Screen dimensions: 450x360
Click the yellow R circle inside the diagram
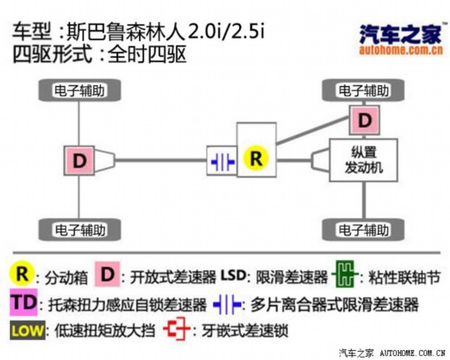pos(256,158)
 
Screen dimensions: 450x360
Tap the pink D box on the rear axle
pos(79,160)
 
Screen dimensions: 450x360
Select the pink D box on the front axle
pos(364,120)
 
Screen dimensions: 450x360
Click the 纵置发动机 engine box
pos(363,160)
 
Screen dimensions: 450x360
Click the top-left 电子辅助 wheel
pos(79,91)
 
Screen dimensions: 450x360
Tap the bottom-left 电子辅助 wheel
pos(79,230)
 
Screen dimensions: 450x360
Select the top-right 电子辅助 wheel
pos(363,91)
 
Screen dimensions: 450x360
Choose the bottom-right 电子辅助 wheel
pos(363,230)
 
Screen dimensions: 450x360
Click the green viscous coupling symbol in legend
pos(344,274)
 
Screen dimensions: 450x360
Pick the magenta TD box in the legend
pos(24,302)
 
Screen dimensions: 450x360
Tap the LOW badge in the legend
pos(28,331)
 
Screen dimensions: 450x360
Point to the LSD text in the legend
pos(233,275)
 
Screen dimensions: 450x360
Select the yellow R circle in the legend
pos(22,273)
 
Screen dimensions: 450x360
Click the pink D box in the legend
pos(108,274)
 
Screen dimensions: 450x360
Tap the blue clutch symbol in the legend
pos(227,304)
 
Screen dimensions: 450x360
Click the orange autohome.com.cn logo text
pos(401,50)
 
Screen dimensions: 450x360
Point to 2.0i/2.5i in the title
pos(226,31)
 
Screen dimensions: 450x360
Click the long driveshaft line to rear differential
pos(160,160)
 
